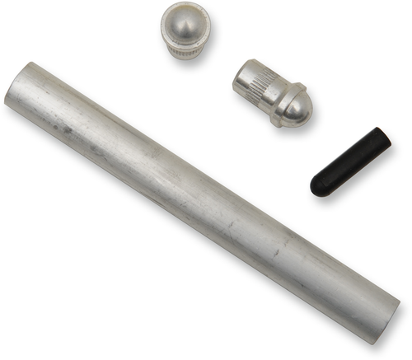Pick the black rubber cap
[350, 161]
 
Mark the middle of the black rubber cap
[350, 161]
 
